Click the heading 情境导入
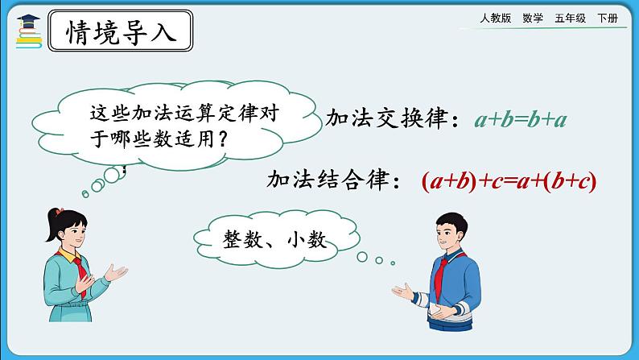(121, 32)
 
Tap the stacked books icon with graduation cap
(29, 31)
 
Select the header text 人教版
(495, 18)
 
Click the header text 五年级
(570, 18)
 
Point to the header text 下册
(608, 18)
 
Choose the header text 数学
(533, 18)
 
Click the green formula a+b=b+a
(521, 120)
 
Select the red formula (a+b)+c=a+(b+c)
(509, 181)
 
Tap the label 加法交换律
(387, 118)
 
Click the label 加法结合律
(328, 180)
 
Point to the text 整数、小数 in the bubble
(274, 239)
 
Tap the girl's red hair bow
(60, 211)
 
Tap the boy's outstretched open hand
(403, 291)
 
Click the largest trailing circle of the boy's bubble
(362, 257)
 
